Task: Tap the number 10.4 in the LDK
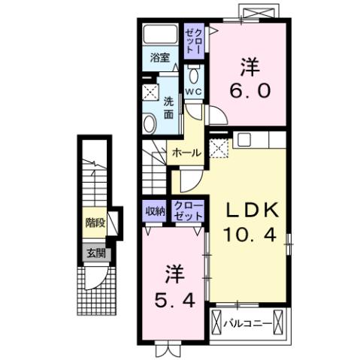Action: click(x=250, y=234)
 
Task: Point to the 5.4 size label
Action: click(x=174, y=299)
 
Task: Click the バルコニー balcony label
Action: click(x=250, y=323)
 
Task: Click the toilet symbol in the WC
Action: click(x=194, y=76)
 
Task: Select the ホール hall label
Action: click(x=186, y=153)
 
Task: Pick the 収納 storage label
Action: click(x=155, y=211)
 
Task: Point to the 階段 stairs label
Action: click(x=94, y=222)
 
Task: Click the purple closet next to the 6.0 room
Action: click(x=194, y=44)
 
